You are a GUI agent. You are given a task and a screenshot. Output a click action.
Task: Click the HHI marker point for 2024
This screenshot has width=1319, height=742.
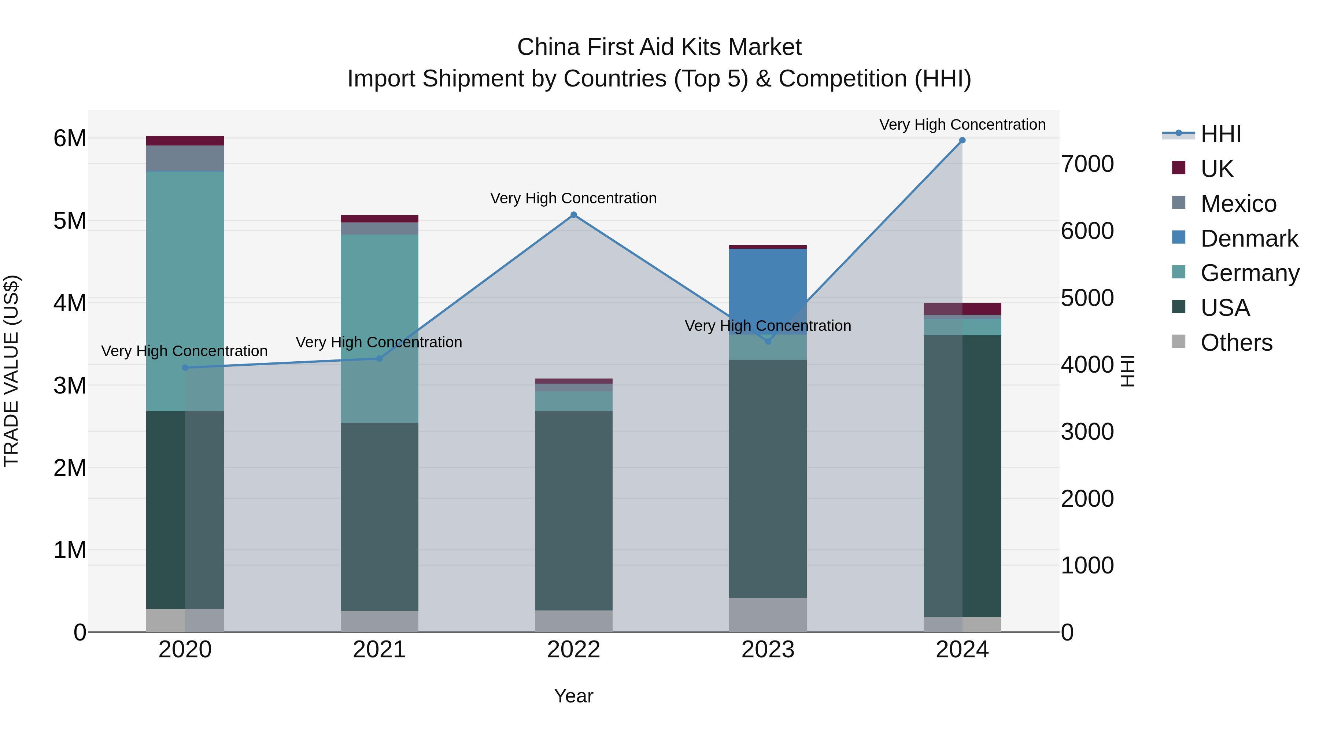962,140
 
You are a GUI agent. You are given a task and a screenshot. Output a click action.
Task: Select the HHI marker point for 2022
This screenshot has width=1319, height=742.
573,215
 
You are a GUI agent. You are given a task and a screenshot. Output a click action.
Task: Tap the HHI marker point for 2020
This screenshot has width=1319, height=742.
185,368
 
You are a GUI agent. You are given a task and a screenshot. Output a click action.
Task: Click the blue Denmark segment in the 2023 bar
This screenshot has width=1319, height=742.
768,287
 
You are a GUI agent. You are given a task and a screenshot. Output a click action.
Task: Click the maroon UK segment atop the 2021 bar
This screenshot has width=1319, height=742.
380,219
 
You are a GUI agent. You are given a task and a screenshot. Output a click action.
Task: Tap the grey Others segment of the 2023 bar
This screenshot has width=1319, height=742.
768,614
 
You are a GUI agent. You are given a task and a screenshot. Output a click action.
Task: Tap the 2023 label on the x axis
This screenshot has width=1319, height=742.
768,650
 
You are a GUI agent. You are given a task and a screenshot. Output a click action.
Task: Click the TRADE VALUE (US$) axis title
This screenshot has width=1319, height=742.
11,371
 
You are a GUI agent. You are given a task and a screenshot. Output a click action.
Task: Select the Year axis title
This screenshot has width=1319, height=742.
573,696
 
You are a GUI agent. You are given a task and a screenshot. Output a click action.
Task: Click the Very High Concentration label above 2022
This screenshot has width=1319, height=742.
573,198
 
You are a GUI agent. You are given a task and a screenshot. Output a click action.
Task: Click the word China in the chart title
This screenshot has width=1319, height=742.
548,47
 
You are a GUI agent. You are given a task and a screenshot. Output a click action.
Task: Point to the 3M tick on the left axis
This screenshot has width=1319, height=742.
70,385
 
